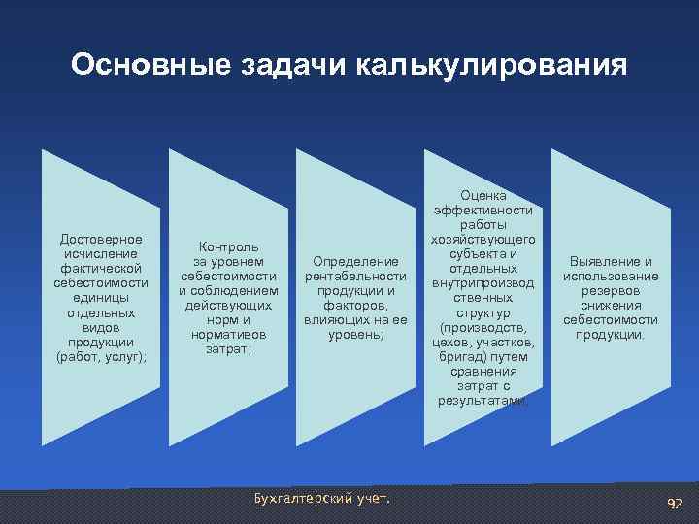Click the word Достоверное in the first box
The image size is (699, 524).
101,239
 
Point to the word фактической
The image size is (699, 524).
101,268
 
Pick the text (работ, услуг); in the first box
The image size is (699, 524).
101,356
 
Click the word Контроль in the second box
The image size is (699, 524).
229,246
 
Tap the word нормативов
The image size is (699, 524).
229,334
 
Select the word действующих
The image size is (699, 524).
229,305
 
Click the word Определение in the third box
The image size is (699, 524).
356,261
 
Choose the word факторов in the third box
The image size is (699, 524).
356,305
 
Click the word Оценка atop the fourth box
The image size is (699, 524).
483,195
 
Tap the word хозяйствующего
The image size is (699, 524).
483,239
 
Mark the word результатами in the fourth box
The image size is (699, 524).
482,400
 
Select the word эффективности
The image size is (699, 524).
483,210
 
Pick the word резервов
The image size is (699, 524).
611,290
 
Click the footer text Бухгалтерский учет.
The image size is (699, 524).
319,499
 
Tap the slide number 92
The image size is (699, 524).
674,503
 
